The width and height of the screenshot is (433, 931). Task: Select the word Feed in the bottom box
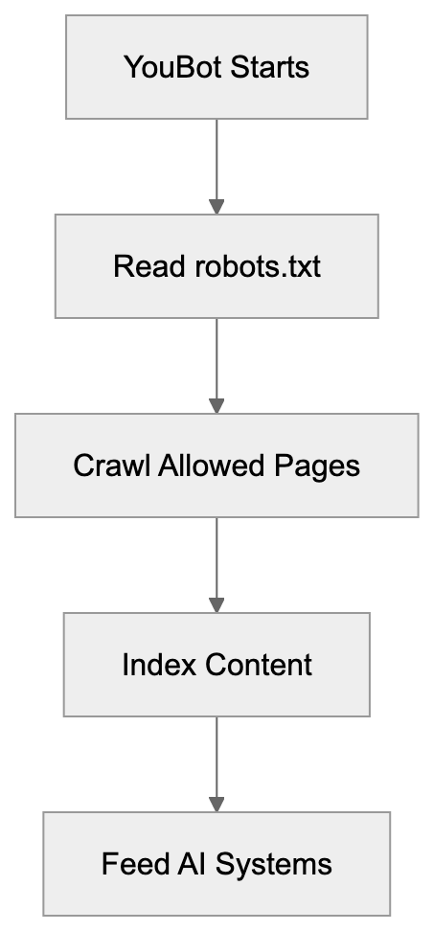tap(131, 864)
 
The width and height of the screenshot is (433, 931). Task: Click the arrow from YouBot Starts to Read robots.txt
tap(216, 163)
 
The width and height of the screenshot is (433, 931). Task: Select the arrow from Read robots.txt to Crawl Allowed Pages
tap(216, 362)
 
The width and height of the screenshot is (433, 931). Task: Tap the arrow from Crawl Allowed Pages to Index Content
tap(216, 561)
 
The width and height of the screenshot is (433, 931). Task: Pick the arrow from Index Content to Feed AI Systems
tap(216, 761)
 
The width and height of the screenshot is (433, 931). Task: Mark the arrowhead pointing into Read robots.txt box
tap(216, 206)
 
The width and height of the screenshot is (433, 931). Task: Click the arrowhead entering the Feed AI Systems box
tap(216, 804)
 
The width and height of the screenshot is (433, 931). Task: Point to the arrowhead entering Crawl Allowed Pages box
tap(216, 405)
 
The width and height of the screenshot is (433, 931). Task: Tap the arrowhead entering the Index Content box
tap(216, 604)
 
